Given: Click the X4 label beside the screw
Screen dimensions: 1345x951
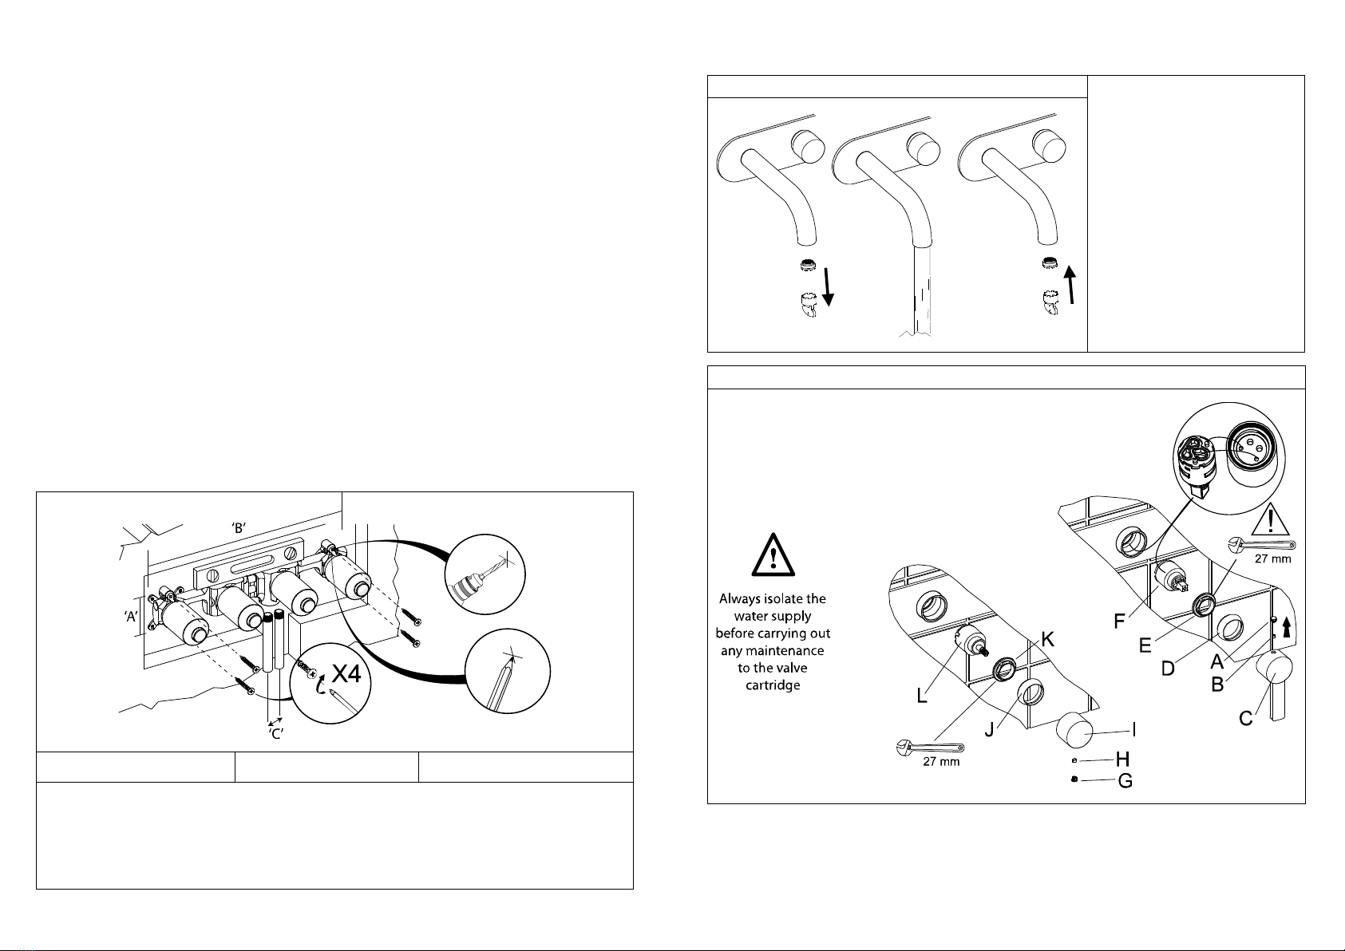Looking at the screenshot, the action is [x=346, y=673].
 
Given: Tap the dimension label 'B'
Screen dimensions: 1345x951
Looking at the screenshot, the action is [x=239, y=528].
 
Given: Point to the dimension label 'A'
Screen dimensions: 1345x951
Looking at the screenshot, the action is [x=131, y=616].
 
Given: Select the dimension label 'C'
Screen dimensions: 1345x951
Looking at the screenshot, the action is [x=275, y=733].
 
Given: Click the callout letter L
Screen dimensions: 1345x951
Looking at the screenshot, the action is [x=922, y=696].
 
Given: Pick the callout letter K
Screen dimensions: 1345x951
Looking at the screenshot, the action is [x=1048, y=640].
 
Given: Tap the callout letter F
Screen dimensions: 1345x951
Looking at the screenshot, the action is [x=1119, y=621].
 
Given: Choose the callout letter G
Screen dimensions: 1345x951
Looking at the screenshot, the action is [x=1125, y=780].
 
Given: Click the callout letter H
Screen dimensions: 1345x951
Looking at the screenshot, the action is [x=1123, y=760].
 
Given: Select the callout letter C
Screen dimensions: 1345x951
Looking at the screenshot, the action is [x=1246, y=718].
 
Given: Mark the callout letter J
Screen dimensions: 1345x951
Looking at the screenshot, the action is [x=990, y=729].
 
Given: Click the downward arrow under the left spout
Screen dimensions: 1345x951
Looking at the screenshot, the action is [x=828, y=287].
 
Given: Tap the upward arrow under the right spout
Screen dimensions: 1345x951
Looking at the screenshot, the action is [x=1070, y=284].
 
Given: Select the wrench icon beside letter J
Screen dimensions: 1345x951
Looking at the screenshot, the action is [x=929, y=748].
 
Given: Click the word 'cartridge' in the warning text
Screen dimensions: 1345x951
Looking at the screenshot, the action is [x=773, y=685].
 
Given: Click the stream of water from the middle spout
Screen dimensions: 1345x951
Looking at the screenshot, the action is [x=922, y=290].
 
